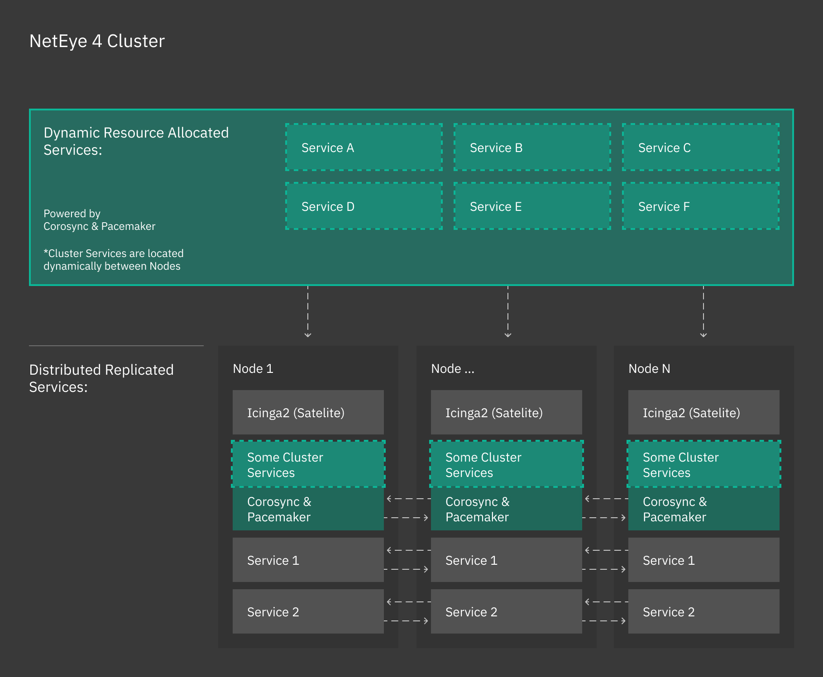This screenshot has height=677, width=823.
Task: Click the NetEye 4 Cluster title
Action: [97, 41]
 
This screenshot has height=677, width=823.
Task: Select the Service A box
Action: [364, 147]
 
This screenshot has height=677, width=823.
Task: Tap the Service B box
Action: [532, 147]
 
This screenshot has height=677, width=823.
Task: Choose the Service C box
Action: [700, 147]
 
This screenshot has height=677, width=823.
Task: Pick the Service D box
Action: [364, 206]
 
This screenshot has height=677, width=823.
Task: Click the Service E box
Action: [532, 206]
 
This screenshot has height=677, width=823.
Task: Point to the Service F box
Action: [700, 206]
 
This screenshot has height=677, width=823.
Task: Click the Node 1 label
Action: [253, 368]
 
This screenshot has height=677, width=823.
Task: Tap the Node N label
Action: [649, 368]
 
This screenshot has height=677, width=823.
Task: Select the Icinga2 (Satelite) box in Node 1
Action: [308, 412]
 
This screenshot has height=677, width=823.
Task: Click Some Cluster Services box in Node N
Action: [703, 464]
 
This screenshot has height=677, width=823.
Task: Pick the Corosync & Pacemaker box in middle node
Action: [506, 509]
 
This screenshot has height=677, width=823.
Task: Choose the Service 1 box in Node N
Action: [703, 560]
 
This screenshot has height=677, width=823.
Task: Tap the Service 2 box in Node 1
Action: [308, 611]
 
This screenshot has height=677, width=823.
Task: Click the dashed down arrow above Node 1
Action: [308, 312]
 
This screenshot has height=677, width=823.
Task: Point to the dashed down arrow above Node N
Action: [703, 312]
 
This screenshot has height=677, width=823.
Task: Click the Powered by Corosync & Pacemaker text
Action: [99, 220]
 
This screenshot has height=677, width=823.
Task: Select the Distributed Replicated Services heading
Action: [101, 378]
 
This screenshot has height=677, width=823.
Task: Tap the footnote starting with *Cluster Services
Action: [113, 260]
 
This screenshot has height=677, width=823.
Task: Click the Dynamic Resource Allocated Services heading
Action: [136, 141]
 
